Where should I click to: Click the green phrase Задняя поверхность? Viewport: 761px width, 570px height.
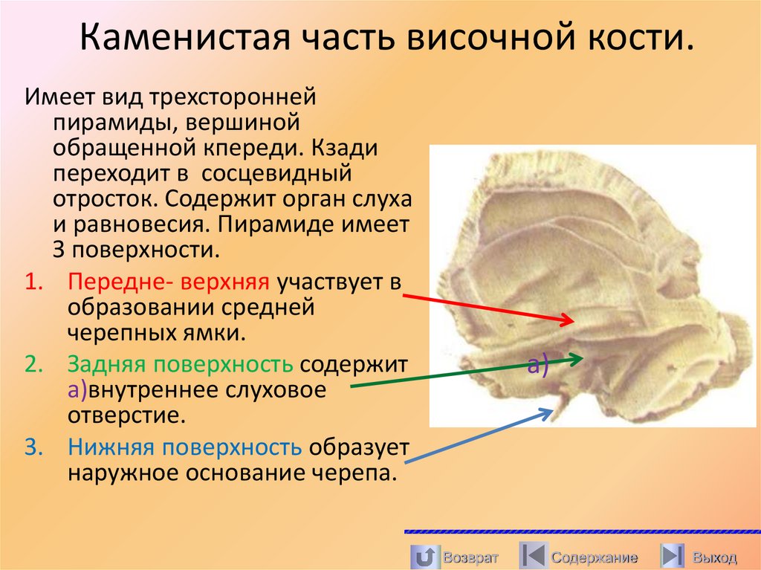pos(182,365)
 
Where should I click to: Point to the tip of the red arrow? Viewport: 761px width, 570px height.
pos(573,321)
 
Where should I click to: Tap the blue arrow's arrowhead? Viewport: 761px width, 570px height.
pos(553,409)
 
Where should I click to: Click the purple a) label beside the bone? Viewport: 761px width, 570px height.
pos(537,364)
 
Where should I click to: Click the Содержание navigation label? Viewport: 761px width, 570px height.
pos(595,557)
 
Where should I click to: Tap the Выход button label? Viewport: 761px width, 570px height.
pos(713,557)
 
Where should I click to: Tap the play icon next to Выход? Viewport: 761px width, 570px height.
pos(673,557)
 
